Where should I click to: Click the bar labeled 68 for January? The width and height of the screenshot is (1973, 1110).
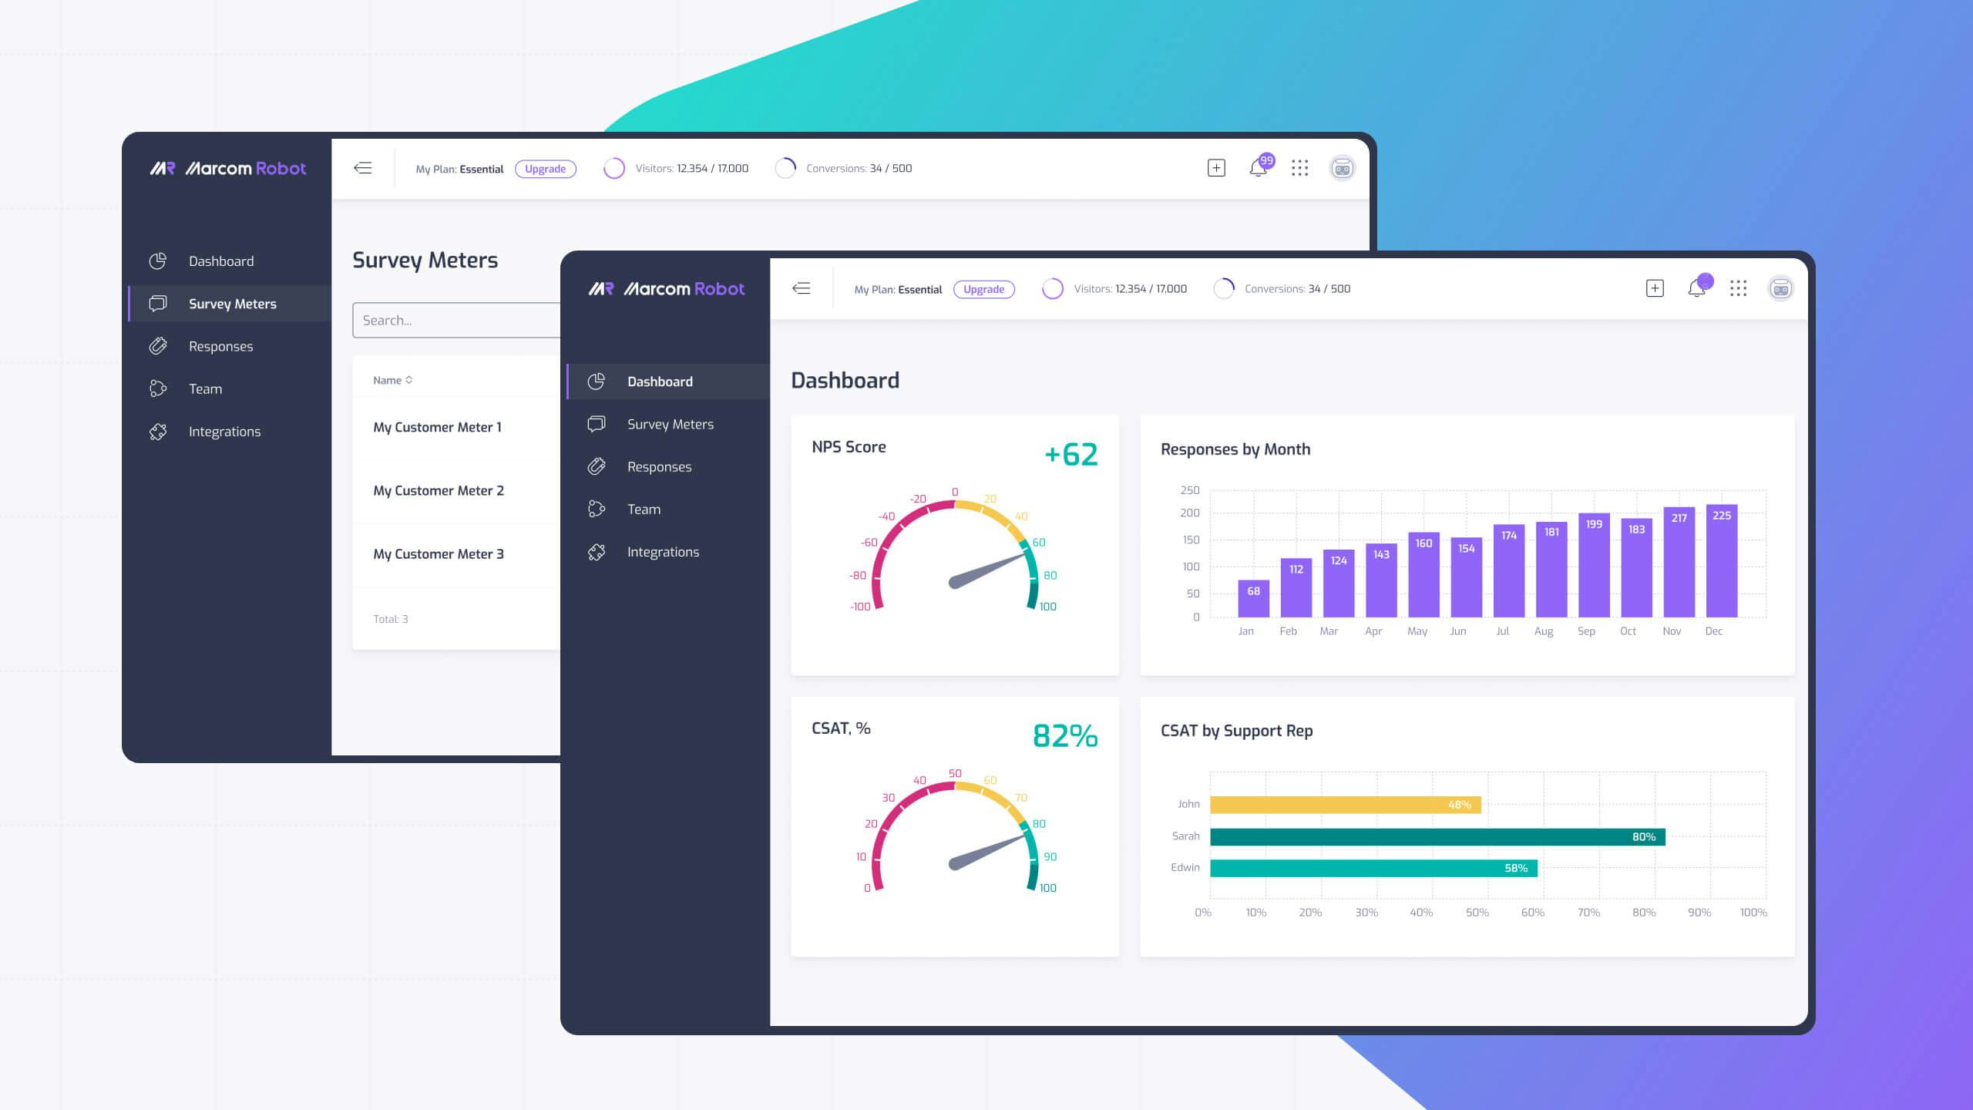click(1253, 598)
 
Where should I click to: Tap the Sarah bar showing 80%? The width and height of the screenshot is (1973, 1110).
click(1437, 836)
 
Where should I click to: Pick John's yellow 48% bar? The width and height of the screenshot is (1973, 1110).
click(1345, 805)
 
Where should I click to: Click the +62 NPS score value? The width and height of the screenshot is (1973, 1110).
click(1071, 455)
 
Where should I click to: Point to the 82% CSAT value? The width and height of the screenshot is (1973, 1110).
click(1064, 736)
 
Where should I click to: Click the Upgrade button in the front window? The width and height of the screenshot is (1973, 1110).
click(983, 289)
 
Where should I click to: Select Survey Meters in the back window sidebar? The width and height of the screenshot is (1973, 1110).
click(231, 304)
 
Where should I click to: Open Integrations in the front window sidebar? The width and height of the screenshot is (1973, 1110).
click(662, 552)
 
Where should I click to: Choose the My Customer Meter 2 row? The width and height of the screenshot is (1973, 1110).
click(439, 491)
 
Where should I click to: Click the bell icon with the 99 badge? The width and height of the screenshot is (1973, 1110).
click(1258, 168)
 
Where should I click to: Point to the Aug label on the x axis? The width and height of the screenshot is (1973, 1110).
click(1543, 631)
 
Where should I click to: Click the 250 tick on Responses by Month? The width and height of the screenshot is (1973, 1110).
click(1189, 490)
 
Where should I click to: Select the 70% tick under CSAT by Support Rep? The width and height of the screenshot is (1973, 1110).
click(1588, 913)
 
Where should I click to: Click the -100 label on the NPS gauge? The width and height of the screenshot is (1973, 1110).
click(859, 607)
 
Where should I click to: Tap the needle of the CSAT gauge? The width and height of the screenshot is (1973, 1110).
click(986, 849)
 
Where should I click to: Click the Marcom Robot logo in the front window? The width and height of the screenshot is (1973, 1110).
click(667, 289)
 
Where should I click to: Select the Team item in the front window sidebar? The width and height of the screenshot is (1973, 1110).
click(643, 510)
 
